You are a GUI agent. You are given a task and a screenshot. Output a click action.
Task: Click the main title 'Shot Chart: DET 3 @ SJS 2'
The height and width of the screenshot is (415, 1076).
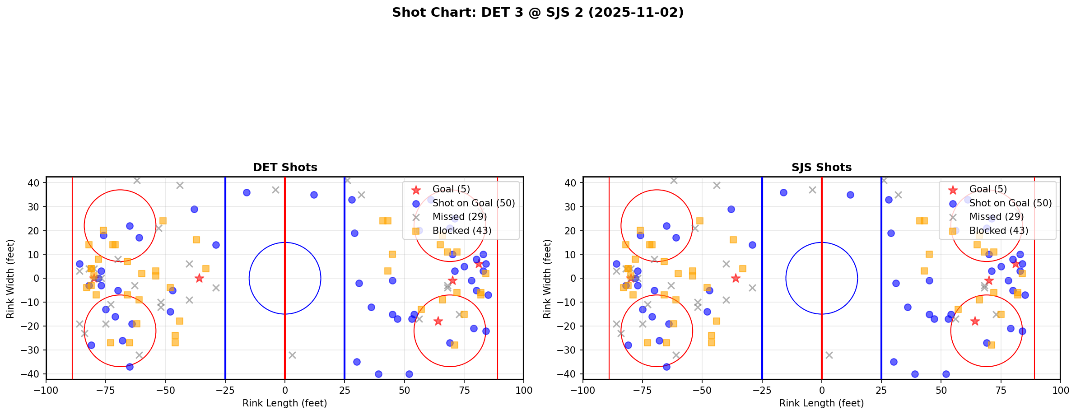pos(537,13)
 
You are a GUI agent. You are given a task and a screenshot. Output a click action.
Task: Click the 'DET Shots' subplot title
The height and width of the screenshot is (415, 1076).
pos(285,168)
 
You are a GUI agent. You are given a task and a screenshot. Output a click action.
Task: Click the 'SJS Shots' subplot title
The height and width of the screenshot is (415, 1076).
pos(821,168)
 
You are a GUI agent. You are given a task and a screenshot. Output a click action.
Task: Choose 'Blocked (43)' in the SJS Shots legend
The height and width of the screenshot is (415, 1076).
pos(999,231)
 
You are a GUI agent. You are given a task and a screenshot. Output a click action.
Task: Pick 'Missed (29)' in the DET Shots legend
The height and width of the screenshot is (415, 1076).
pos(459,217)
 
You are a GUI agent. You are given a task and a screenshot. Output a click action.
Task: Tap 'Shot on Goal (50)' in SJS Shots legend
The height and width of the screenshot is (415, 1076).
pos(1011,203)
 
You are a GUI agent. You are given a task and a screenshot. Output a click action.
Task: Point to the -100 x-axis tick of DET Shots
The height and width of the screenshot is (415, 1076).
pos(46,390)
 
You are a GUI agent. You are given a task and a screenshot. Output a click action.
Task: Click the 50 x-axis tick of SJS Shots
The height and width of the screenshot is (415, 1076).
pos(941,390)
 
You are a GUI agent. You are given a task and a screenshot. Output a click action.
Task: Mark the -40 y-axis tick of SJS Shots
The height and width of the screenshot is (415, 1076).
pos(571,374)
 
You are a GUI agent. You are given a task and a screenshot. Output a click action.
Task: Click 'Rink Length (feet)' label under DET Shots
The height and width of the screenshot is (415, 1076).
pos(285,403)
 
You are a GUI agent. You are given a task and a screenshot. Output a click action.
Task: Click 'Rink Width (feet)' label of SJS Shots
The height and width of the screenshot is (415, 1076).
pos(547,278)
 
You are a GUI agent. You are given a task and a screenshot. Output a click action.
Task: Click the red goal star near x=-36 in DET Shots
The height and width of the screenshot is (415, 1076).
pos(199,278)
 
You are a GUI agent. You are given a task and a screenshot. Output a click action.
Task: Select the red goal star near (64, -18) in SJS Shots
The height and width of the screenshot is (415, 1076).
pos(975,321)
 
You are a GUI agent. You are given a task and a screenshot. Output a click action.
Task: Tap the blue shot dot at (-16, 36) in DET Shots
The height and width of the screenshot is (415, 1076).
pos(247,192)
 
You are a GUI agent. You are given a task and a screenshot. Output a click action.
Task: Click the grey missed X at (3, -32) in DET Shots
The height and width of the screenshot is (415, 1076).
pos(292,355)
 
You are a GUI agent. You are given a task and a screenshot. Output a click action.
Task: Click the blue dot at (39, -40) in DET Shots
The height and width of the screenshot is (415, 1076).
pos(378,374)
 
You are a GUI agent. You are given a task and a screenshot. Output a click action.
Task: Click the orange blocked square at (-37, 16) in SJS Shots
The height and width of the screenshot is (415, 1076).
pos(733,240)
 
